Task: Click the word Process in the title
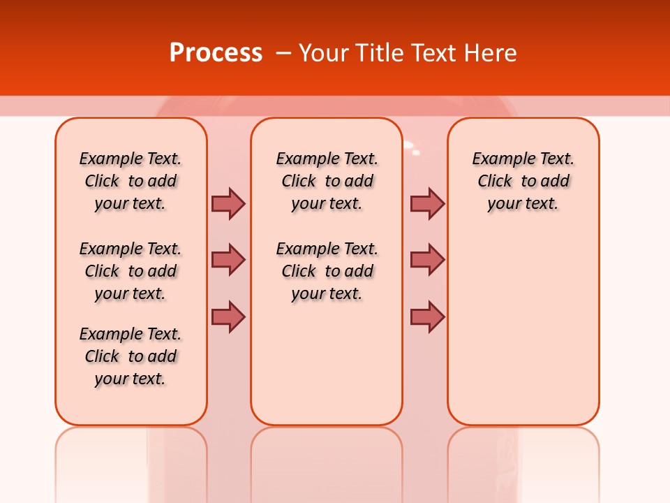click(x=216, y=53)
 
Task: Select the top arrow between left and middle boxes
click(x=228, y=203)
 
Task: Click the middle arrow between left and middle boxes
click(x=228, y=260)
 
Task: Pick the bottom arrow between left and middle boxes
click(x=228, y=316)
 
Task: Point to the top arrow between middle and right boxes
click(x=427, y=203)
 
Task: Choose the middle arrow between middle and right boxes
click(x=427, y=260)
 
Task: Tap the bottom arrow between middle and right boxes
click(x=427, y=316)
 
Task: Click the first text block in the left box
click(x=131, y=181)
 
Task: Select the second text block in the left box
click(x=131, y=271)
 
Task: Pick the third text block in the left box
click(x=131, y=356)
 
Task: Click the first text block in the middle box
click(x=327, y=181)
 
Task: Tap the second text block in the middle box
click(x=327, y=271)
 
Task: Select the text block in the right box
click(x=523, y=181)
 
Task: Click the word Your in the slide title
click(x=325, y=53)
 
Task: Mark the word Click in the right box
click(x=495, y=182)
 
